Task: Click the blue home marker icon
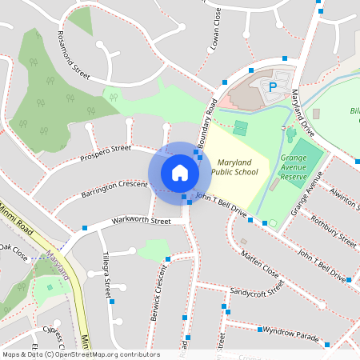coord(180,173)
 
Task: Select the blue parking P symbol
coord(272,86)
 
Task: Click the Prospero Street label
coord(105,153)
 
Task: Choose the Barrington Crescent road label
coord(114,190)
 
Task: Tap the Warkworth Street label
coord(142,220)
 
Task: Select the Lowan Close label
coord(216,37)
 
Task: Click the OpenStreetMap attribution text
coord(80,354)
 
